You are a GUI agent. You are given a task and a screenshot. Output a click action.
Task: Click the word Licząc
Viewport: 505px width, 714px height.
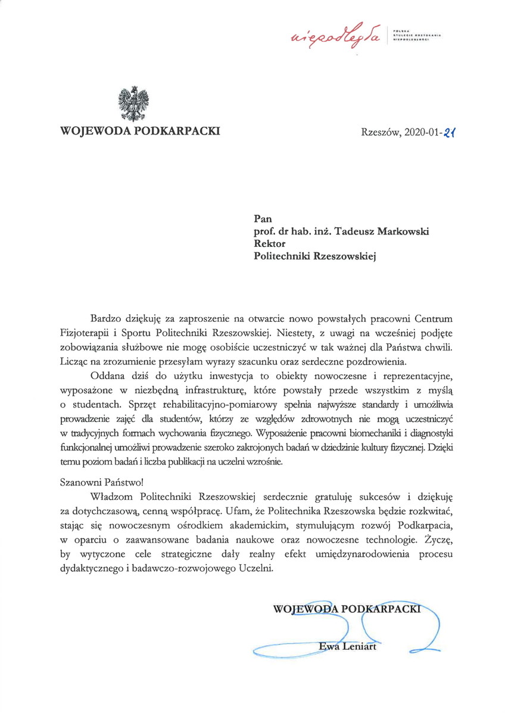(74, 360)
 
